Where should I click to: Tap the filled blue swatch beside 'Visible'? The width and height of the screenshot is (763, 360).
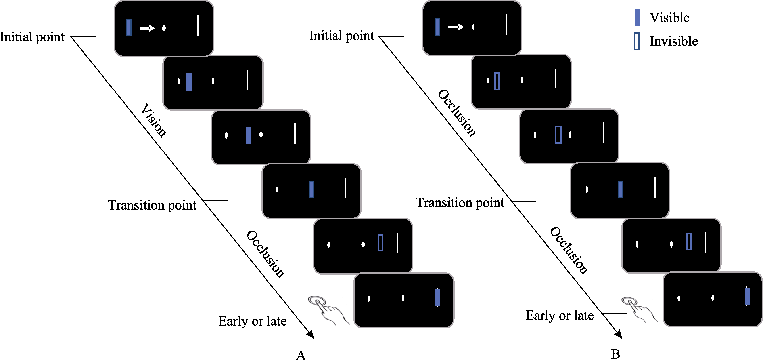pyautogui.click(x=637, y=17)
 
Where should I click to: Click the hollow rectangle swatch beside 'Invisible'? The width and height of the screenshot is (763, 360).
pyautogui.click(x=636, y=42)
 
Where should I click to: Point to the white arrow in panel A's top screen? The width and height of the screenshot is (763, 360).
pyautogui.click(x=147, y=28)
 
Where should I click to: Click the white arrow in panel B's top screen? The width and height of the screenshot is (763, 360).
pyautogui.click(x=456, y=27)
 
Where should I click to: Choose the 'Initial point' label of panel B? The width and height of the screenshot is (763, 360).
pyautogui.click(x=341, y=36)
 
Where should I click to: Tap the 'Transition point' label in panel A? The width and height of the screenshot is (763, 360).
pyautogui.click(x=152, y=205)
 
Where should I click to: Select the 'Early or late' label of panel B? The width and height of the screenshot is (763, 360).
pyautogui.click(x=560, y=316)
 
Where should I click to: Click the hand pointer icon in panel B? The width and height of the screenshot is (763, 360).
pyautogui.click(x=638, y=309)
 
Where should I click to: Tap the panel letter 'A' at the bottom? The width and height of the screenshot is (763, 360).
pyautogui.click(x=301, y=355)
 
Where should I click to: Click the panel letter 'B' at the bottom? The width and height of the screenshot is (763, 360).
pyautogui.click(x=615, y=354)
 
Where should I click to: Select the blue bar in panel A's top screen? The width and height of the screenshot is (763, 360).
pyautogui.click(x=128, y=28)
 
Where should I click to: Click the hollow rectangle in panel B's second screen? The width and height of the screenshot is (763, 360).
pyautogui.click(x=497, y=81)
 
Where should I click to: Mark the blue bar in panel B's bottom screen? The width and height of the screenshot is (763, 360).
pyautogui.click(x=747, y=297)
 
